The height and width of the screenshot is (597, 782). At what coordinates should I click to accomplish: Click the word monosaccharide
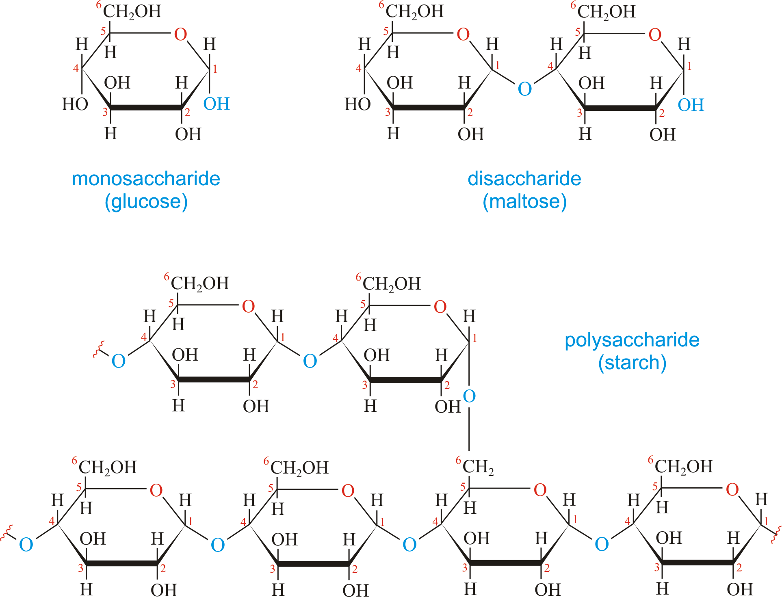(146, 179)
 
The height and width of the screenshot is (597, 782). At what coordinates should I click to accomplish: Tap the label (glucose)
(146, 202)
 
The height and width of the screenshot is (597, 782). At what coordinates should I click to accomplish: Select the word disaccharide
(524, 179)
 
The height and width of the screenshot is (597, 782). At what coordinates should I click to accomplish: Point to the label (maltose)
(524, 202)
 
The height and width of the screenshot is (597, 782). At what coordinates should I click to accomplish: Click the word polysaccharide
(632, 340)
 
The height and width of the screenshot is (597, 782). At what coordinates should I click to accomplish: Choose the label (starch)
(632, 363)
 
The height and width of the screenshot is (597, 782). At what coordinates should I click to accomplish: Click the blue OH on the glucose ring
(217, 104)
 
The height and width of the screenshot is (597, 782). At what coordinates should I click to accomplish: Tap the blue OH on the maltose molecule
(691, 105)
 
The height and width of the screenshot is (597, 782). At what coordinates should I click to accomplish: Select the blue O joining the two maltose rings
(524, 89)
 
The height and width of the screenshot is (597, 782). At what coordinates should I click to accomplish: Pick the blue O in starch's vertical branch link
(469, 396)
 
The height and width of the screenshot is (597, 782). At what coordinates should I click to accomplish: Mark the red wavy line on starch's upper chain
(99, 349)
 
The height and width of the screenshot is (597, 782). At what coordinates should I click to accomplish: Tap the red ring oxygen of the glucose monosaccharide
(180, 35)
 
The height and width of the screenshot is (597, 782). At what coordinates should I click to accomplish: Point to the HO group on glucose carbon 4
(75, 104)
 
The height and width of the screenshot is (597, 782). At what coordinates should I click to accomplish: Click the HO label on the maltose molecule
(357, 104)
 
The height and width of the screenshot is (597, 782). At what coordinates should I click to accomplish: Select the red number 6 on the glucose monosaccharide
(99, 5)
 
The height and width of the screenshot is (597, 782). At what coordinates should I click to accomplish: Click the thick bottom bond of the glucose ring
(146, 108)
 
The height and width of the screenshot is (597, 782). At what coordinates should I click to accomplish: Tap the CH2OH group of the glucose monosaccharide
(132, 12)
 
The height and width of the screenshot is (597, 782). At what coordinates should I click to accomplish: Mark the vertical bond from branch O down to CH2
(469, 428)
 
